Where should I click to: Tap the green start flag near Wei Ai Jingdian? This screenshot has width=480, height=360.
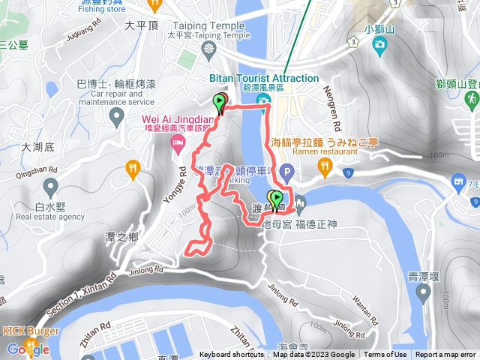point(220,103)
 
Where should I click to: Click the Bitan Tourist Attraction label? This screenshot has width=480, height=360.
point(264,78)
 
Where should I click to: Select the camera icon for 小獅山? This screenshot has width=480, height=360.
point(379,46)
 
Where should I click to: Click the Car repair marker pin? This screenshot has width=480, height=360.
point(116,115)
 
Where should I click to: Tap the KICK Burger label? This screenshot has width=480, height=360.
point(25,331)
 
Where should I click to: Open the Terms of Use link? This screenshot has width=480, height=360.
point(385,355)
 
